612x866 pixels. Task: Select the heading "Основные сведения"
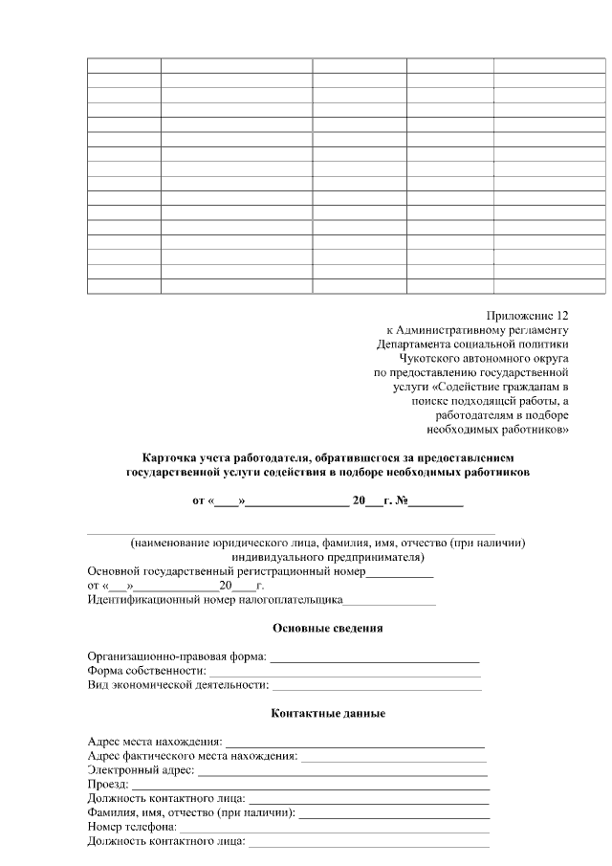[328, 629]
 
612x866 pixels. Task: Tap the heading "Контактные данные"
[328, 714]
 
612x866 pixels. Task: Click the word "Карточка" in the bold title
[169, 458]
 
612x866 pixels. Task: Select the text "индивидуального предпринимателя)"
[328, 557]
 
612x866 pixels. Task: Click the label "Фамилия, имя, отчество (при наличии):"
[191, 813]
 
